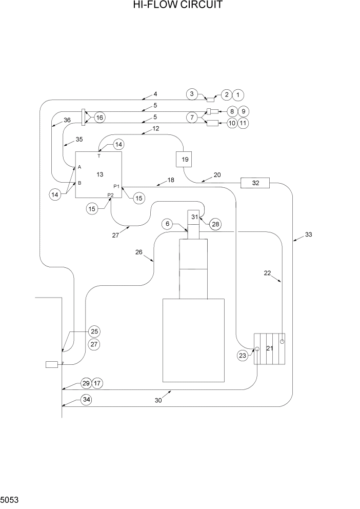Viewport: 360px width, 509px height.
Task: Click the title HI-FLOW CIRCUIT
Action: (180, 6)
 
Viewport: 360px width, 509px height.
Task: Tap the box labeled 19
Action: (185, 160)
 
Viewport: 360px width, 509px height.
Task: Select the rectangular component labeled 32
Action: (255, 183)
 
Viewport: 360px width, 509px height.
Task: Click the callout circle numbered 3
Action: (192, 94)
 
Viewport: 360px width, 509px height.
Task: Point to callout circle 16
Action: (99, 118)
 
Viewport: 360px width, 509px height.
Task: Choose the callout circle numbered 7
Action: (192, 118)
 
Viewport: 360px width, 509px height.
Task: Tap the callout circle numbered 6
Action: (167, 224)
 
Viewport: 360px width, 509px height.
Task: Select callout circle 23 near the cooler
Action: (242, 355)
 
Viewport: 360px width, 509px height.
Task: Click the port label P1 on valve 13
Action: (116, 186)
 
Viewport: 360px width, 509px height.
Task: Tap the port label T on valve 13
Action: (99, 155)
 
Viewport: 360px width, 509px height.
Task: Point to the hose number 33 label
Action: (308, 234)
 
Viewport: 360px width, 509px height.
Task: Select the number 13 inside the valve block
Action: (99, 175)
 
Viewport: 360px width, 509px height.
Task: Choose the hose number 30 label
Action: (158, 400)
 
